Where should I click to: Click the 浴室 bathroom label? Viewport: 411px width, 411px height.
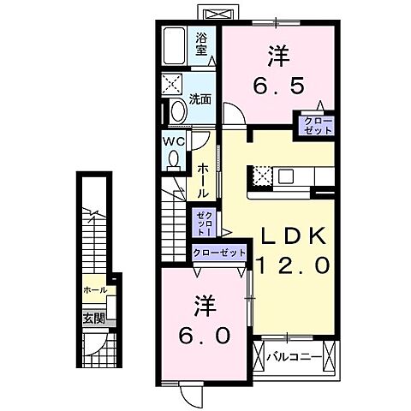coord(202,43)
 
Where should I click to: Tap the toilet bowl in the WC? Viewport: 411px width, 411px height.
coord(174,159)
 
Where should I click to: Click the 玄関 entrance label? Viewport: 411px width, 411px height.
coord(93,318)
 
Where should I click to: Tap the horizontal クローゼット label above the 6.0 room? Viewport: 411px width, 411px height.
coord(219,253)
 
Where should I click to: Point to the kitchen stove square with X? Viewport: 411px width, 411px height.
coord(261,176)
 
